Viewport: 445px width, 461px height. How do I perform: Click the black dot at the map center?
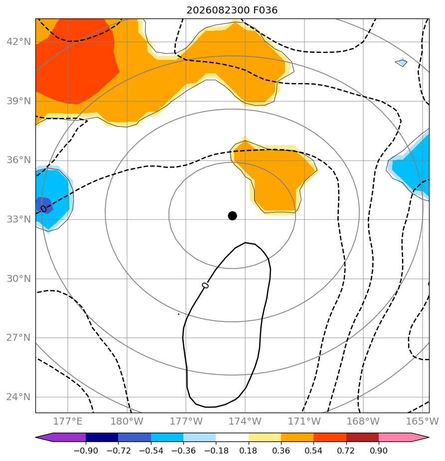point(232,216)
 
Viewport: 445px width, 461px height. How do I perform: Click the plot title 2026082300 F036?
point(232,10)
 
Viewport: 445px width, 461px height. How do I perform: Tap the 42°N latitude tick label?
point(18,42)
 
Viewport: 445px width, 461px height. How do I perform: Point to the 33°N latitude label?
point(18,220)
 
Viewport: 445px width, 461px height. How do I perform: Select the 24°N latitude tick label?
point(18,397)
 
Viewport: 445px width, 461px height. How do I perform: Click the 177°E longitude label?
point(68,421)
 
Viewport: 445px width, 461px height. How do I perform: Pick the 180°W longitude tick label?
point(127,421)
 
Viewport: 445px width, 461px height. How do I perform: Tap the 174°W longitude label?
point(245,421)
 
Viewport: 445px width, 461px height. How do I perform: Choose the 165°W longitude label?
point(423,421)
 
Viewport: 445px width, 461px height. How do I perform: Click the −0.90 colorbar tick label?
point(86,451)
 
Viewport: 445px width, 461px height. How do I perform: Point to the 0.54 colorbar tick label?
point(314,451)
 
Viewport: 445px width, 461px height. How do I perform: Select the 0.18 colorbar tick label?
point(249,451)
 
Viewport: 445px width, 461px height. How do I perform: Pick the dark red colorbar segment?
point(362,437)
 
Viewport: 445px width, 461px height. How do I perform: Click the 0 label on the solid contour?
point(205,285)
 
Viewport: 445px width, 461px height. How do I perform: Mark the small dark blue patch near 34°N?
point(44,205)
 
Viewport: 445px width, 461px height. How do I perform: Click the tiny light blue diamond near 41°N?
point(401,62)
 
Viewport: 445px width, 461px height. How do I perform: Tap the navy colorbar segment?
point(102,437)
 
